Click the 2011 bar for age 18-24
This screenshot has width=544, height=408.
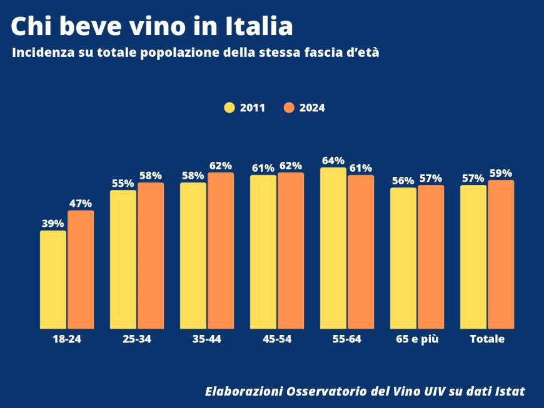tap(53, 280)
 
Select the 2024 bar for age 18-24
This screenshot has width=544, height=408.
tap(81, 269)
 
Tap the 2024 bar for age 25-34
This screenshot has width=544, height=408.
tap(151, 256)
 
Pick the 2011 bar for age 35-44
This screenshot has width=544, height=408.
tap(193, 256)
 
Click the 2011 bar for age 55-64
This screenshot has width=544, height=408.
tap(333, 248)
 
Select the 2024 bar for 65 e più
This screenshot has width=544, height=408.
tap(431, 257)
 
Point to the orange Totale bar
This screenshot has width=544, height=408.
tap(501, 254)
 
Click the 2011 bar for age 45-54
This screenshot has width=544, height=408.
tap(263, 252)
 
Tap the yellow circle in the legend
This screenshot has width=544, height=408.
tap(229, 107)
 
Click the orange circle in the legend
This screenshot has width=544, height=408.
tap(289, 107)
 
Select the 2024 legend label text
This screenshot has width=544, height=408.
tap(312, 107)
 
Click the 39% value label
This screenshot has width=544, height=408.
tap(53, 224)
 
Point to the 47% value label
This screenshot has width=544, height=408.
tap(81, 203)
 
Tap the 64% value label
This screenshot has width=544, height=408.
tap(333, 161)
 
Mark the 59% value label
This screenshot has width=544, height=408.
tap(501, 173)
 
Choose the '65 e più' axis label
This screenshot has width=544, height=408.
tap(417, 339)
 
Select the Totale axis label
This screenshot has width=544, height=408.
tap(487, 339)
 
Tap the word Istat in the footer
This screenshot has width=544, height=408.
tap(508, 391)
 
